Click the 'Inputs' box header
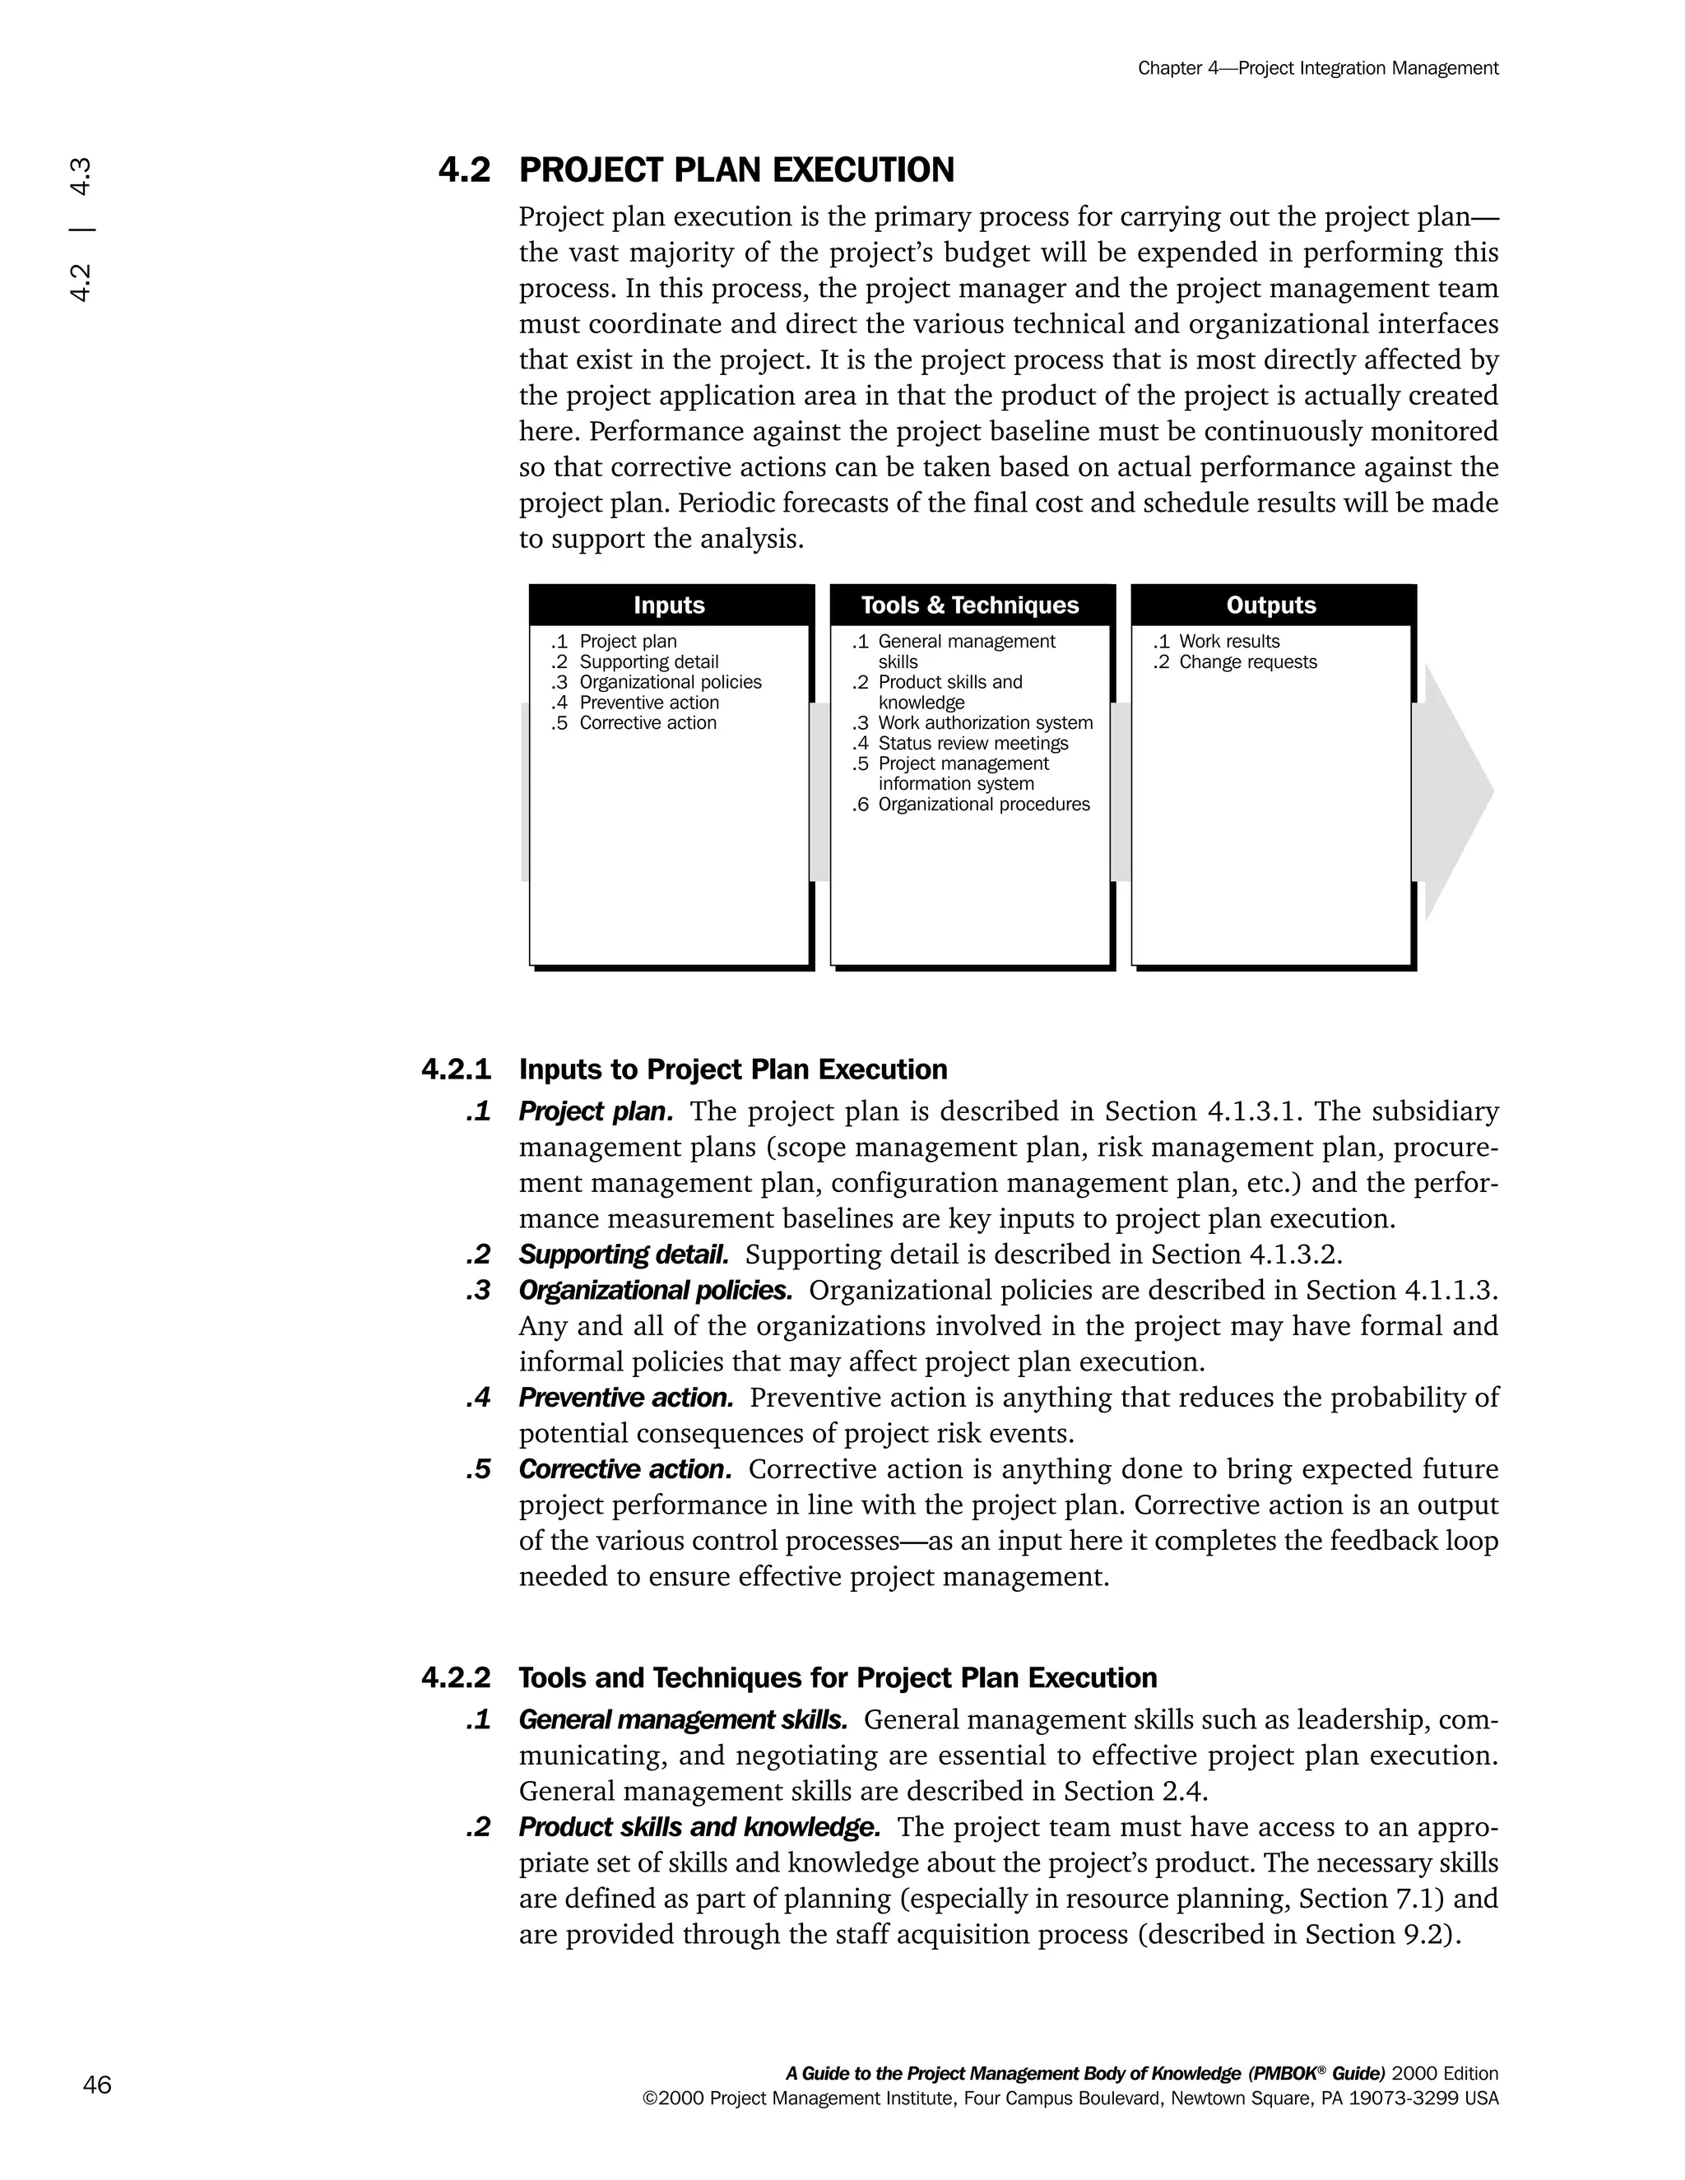(669, 605)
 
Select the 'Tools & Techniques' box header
(969, 605)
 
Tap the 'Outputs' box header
(1270, 605)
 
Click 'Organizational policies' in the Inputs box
(670, 682)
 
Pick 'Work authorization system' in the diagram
(985, 722)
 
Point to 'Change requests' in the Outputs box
(1248, 661)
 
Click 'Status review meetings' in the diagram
(972, 744)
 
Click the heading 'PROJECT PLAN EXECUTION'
(736, 170)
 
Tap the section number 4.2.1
(456, 1069)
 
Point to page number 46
(97, 2085)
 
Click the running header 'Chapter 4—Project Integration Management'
(1318, 68)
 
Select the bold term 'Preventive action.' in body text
(626, 1398)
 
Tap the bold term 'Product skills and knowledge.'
(699, 1826)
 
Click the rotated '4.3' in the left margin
(81, 177)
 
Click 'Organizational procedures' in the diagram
(983, 805)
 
